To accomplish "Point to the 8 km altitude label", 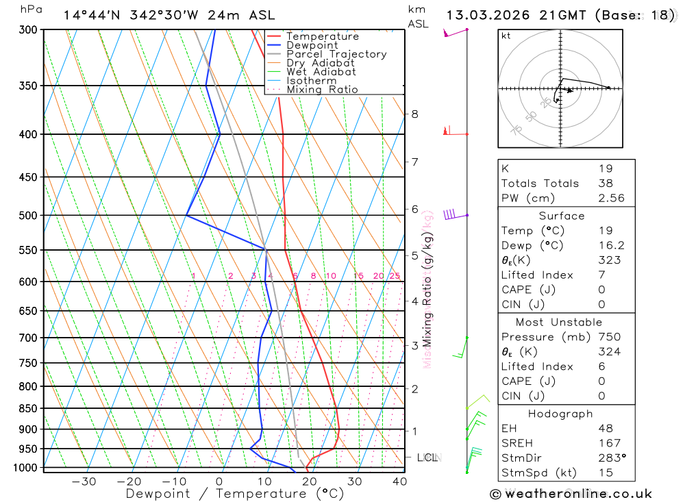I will (x=414, y=114).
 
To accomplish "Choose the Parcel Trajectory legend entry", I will (x=336, y=54).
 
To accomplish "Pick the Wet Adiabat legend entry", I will (x=321, y=72).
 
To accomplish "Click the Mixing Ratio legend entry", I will (x=322, y=90).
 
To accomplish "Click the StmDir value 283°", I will (x=610, y=458).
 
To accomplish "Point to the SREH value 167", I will (x=609, y=443).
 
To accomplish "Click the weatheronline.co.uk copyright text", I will (x=571, y=494).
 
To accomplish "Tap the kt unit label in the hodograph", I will (x=506, y=36).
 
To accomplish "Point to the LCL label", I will (x=428, y=457).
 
